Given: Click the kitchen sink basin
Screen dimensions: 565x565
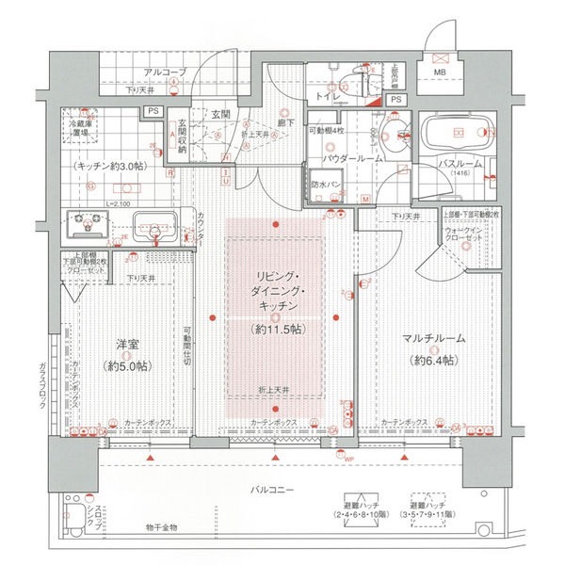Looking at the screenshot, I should pos(153,226).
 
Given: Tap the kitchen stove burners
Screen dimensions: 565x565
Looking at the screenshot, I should pos(89,226).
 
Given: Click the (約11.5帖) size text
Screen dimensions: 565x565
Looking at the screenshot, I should pos(275,330).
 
